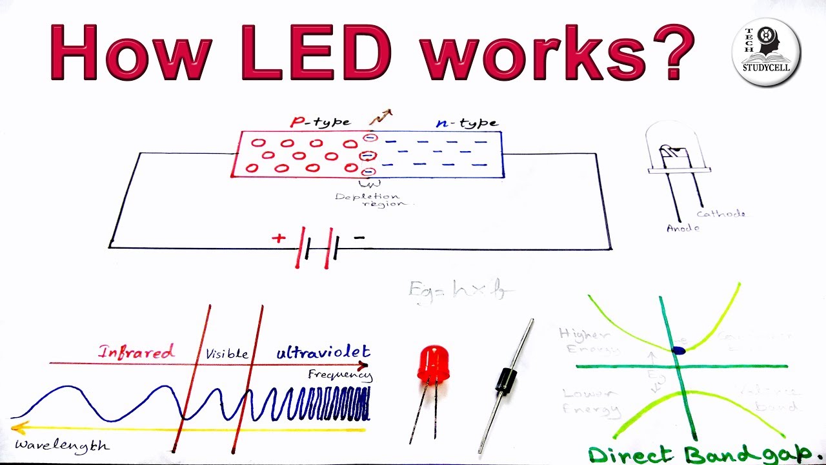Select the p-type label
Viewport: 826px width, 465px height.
click(x=321, y=122)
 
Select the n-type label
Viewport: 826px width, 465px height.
click(x=467, y=123)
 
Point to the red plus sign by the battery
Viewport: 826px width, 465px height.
click(x=278, y=238)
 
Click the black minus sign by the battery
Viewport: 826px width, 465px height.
click(x=359, y=238)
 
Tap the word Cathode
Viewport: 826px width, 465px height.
click(x=721, y=214)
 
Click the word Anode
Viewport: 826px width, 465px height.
click(x=683, y=228)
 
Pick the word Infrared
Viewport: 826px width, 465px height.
click(x=136, y=352)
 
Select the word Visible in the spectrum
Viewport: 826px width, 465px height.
click(x=227, y=354)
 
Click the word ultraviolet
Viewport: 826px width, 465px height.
click(x=323, y=352)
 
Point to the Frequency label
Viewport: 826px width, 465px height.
click(x=340, y=375)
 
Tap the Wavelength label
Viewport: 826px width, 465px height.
click(x=62, y=446)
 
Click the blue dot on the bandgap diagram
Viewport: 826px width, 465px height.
click(x=678, y=351)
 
